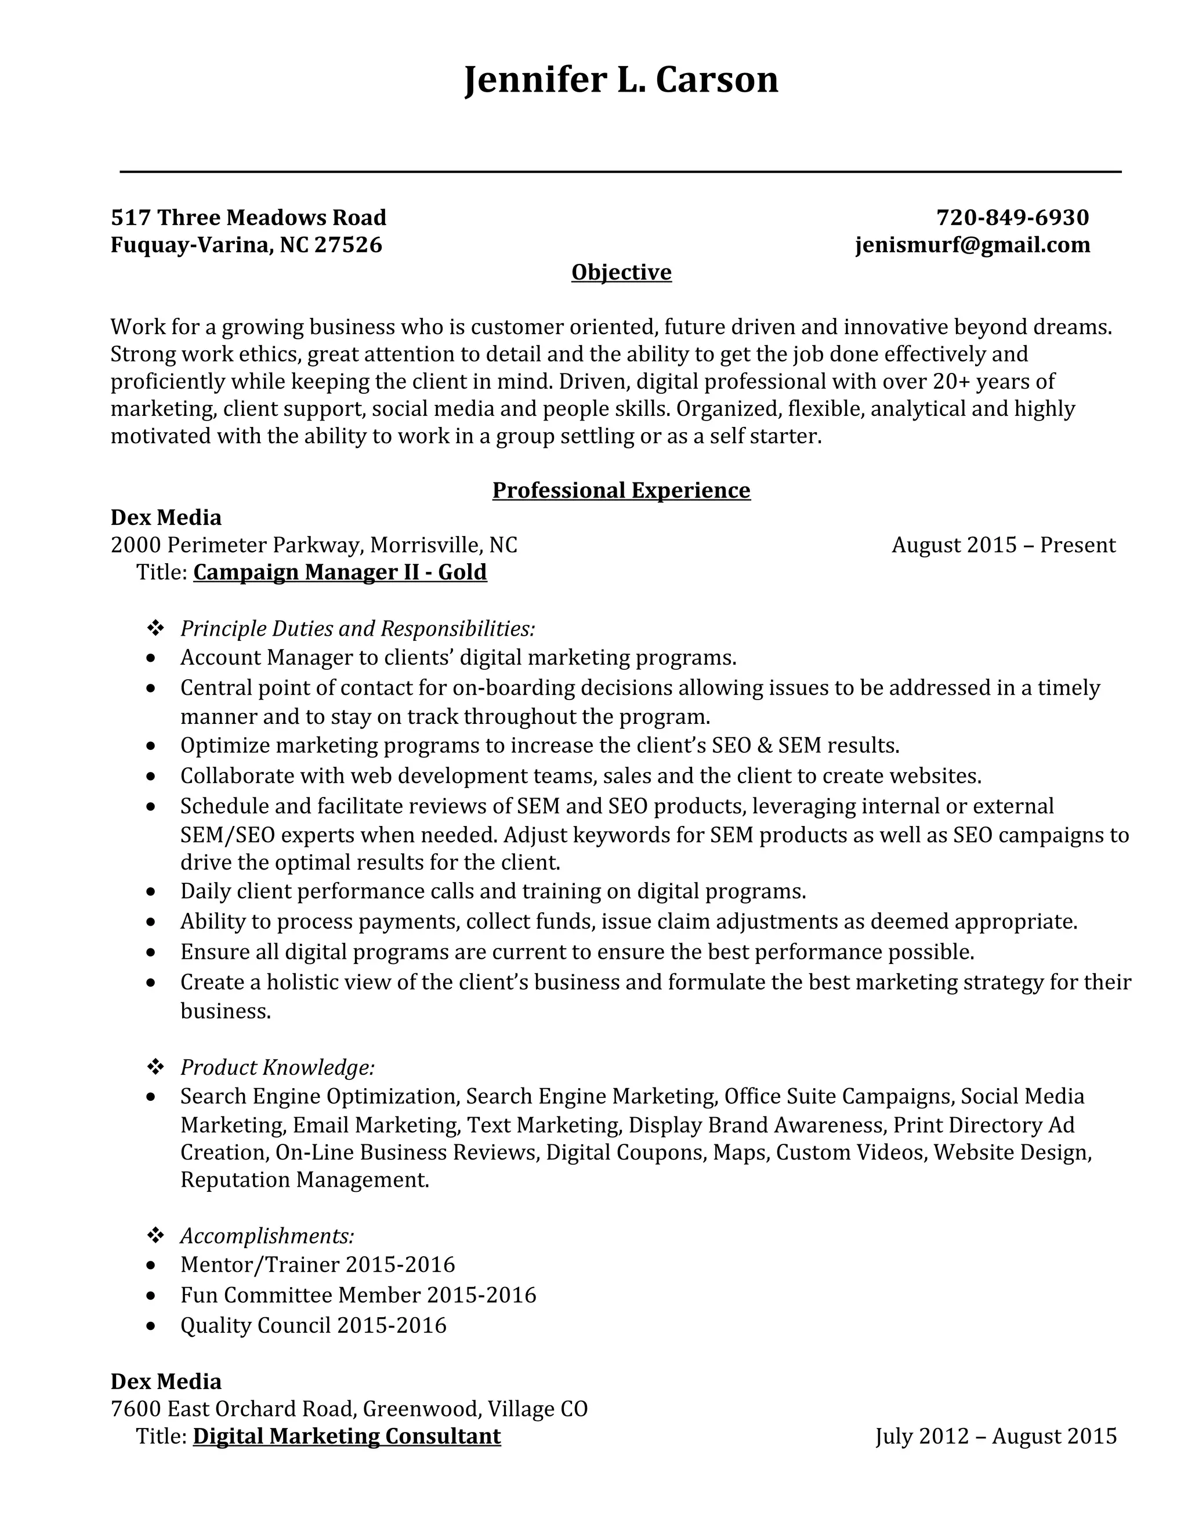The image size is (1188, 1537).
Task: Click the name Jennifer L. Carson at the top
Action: (621, 79)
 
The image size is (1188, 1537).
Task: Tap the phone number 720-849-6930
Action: (1012, 217)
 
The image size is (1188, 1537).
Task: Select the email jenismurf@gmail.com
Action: (973, 244)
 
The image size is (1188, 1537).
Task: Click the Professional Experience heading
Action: (621, 490)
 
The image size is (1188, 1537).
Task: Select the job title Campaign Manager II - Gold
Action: (340, 571)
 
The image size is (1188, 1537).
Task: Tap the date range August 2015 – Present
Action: (1003, 545)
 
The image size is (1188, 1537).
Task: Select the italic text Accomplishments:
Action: (267, 1236)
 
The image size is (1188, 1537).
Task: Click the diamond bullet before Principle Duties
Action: (155, 628)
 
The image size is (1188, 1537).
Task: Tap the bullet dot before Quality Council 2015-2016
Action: (151, 1326)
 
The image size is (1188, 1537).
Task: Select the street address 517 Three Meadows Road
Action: (248, 217)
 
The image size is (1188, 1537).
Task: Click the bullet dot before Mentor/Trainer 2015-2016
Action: (151, 1266)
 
